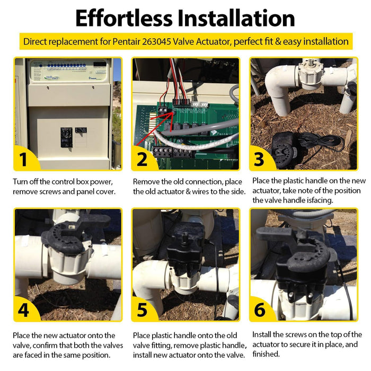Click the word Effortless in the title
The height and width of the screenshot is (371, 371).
[124, 18]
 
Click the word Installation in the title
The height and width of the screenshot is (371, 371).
[236, 18]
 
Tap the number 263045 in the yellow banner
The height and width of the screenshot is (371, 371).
[157, 42]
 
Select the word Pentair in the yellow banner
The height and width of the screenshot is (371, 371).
[127, 42]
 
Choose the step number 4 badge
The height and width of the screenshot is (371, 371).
[23, 310]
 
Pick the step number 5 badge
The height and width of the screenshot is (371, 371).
[142, 310]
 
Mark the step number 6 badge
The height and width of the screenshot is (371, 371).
[260, 310]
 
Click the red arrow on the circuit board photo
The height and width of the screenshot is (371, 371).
[154, 129]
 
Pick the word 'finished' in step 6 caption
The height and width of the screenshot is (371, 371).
[266, 354]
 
